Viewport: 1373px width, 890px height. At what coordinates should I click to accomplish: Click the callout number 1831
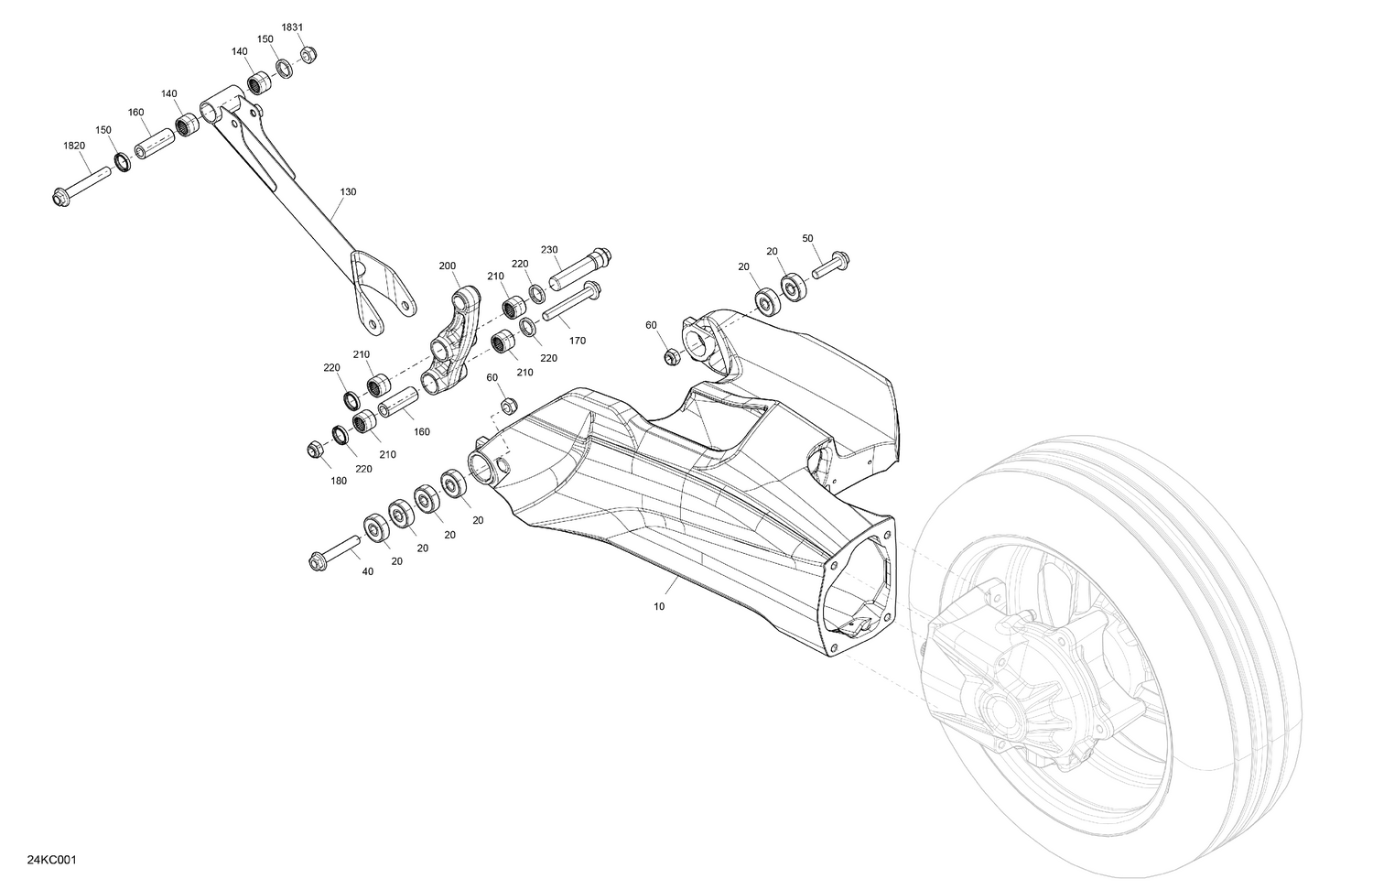(x=292, y=27)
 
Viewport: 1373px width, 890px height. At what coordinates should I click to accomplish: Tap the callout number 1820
(x=74, y=146)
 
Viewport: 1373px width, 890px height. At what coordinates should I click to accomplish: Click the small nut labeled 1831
(x=308, y=54)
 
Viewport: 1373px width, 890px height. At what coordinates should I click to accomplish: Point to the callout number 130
(x=348, y=192)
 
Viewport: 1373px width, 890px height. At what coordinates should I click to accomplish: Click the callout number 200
(x=447, y=266)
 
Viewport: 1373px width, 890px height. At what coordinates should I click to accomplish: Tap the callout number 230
(x=549, y=250)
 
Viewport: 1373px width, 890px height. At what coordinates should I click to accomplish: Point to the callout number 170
(x=577, y=341)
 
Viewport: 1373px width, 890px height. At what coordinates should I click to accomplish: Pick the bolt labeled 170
(x=571, y=303)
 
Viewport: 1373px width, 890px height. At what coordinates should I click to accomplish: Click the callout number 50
(x=807, y=238)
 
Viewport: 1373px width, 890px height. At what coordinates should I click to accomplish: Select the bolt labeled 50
(x=829, y=264)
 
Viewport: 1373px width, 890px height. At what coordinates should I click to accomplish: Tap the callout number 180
(x=339, y=481)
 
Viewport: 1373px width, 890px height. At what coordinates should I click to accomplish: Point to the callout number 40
(x=368, y=572)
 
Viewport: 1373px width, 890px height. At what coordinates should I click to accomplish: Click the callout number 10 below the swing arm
(x=659, y=606)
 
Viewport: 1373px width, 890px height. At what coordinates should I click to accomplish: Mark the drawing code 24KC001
(x=51, y=860)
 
